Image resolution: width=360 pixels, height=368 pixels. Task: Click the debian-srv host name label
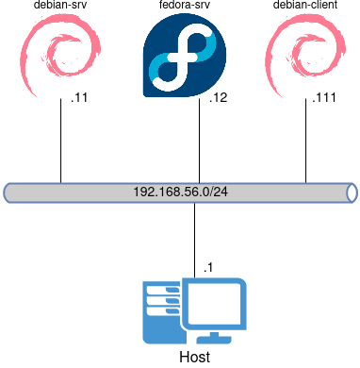point(59,6)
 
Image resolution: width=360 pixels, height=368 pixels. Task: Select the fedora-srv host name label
point(185,6)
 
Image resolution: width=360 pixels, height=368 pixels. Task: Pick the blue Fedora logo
point(184,57)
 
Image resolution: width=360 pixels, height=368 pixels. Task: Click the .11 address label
point(79,99)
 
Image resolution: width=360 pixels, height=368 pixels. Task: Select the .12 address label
point(218,99)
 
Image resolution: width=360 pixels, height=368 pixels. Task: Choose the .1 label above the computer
point(207,268)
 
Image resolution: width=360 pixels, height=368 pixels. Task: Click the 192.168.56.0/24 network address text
point(180,192)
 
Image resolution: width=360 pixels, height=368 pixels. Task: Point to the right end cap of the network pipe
point(352,192)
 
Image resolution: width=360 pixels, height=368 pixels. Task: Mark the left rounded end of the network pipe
point(8,192)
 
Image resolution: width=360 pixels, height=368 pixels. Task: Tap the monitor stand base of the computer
point(214,337)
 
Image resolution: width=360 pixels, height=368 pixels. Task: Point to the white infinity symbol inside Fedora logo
point(180,59)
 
